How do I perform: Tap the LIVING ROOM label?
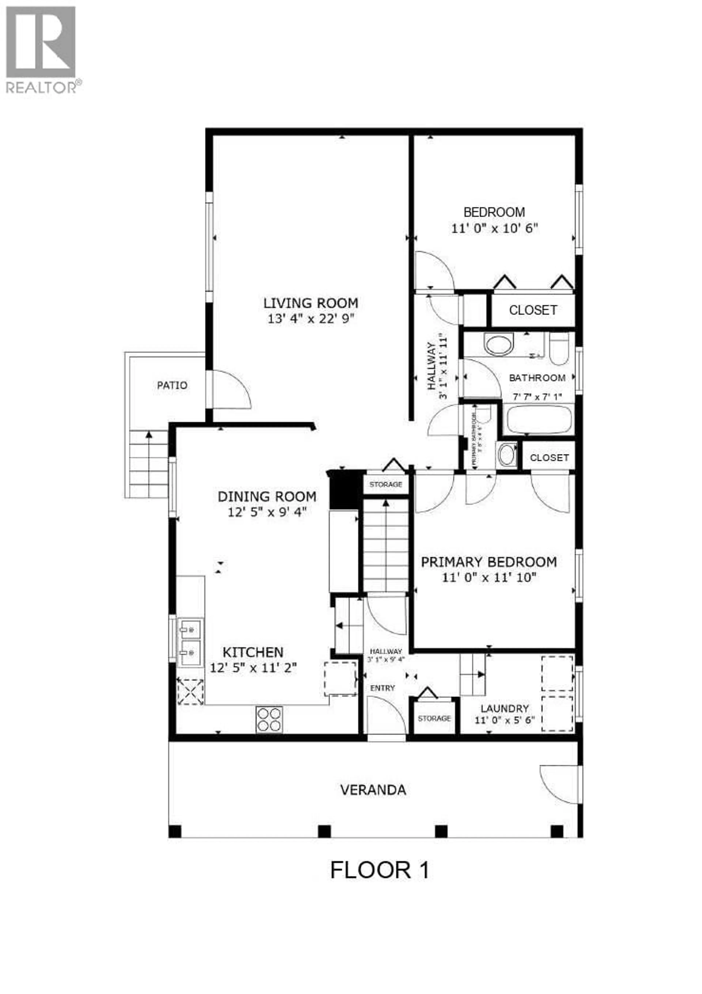click(x=311, y=303)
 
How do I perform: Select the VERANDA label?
click(x=373, y=790)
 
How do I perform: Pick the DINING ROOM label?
click(x=267, y=497)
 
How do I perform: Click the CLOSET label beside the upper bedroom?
click(x=533, y=310)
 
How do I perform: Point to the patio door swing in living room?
click(x=232, y=390)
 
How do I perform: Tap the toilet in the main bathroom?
click(x=559, y=349)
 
